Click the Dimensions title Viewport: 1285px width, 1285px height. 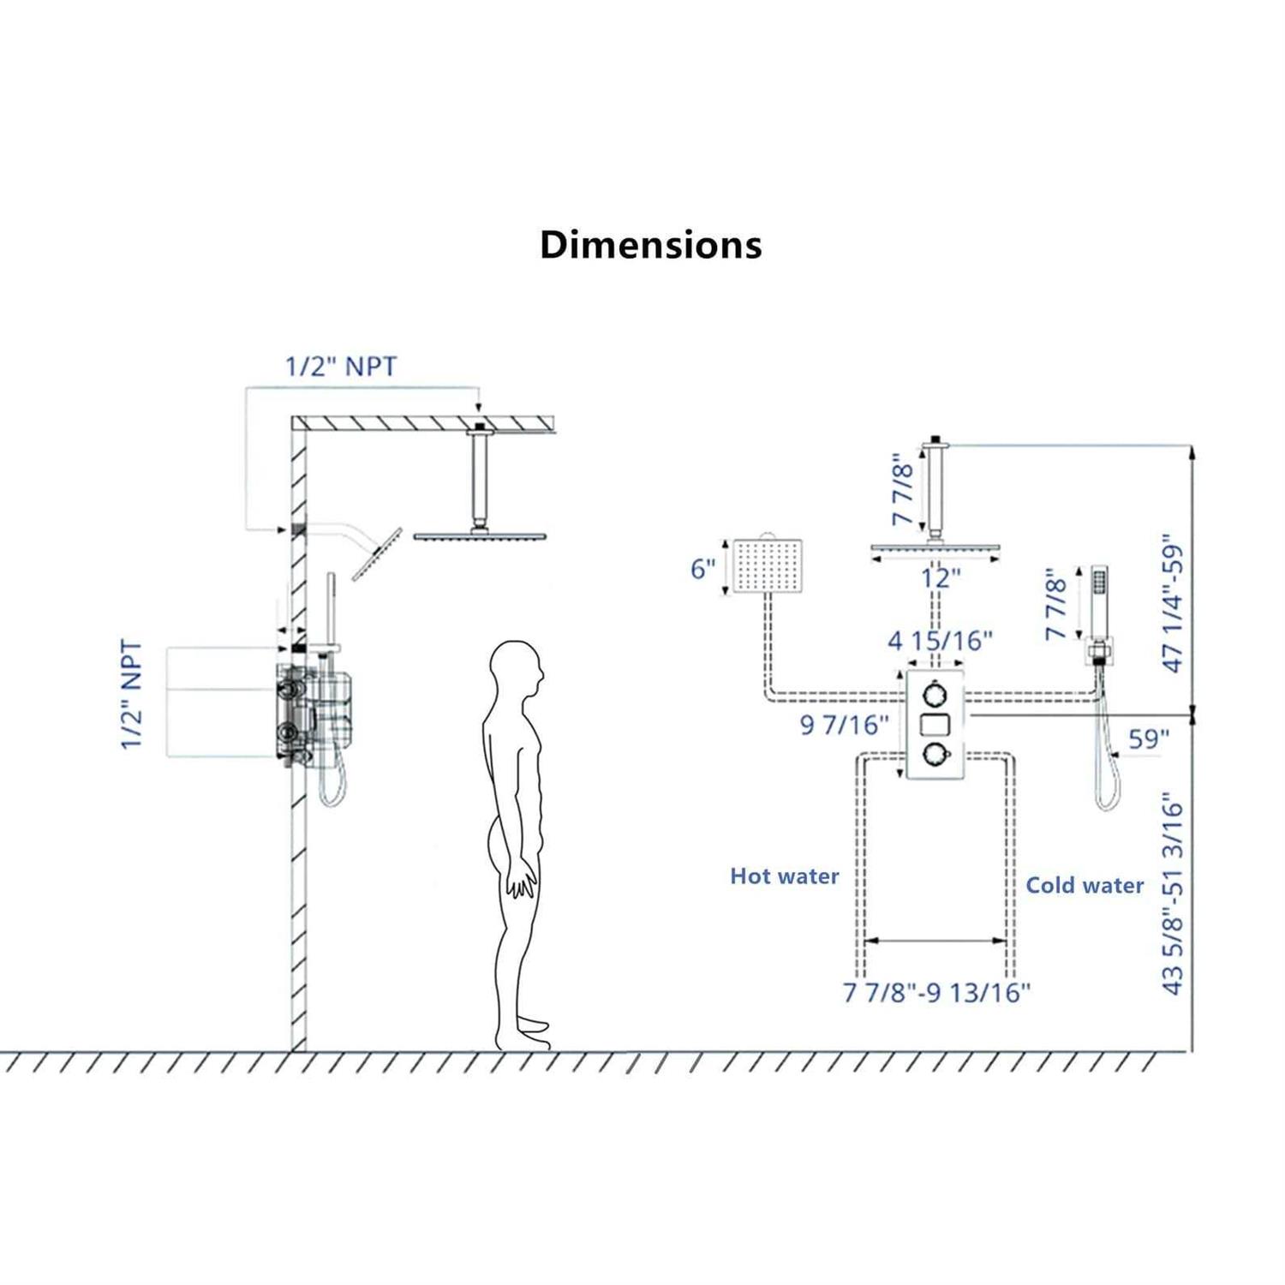point(650,245)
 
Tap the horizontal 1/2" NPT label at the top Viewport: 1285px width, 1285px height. point(341,367)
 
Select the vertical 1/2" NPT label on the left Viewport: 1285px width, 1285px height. point(131,694)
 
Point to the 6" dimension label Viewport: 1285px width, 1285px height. point(703,569)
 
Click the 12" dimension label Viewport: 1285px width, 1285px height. point(941,578)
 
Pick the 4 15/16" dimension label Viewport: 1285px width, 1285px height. point(940,640)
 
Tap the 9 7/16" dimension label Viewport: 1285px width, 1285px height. point(844,725)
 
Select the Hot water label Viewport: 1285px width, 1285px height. point(784,876)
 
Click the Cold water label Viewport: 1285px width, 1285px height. point(1085,885)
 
